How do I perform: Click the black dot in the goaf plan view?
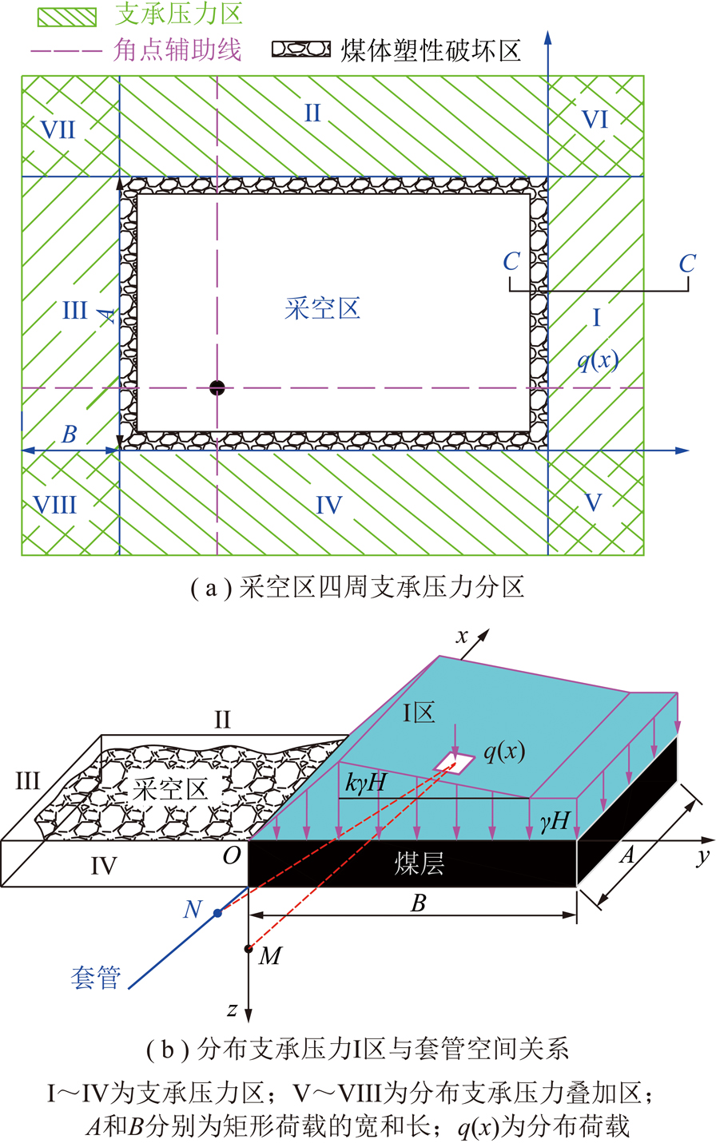click(217, 388)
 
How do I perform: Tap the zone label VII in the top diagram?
click(58, 129)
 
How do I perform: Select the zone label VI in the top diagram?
click(595, 120)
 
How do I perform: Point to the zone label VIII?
click(55, 505)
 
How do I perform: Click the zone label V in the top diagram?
click(592, 502)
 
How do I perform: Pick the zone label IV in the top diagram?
click(329, 505)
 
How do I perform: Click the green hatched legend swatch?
click(67, 18)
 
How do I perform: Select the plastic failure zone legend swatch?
click(301, 49)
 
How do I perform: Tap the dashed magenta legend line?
click(67, 51)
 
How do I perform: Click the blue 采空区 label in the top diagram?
click(323, 308)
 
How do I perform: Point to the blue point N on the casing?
click(217, 912)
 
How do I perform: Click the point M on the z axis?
click(249, 949)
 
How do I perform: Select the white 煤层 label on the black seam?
click(420, 864)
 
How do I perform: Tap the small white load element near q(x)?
click(454, 762)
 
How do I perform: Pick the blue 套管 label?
click(96, 978)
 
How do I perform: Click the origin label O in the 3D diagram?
click(232, 855)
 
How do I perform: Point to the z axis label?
click(233, 1010)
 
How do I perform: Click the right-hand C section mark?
click(687, 264)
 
